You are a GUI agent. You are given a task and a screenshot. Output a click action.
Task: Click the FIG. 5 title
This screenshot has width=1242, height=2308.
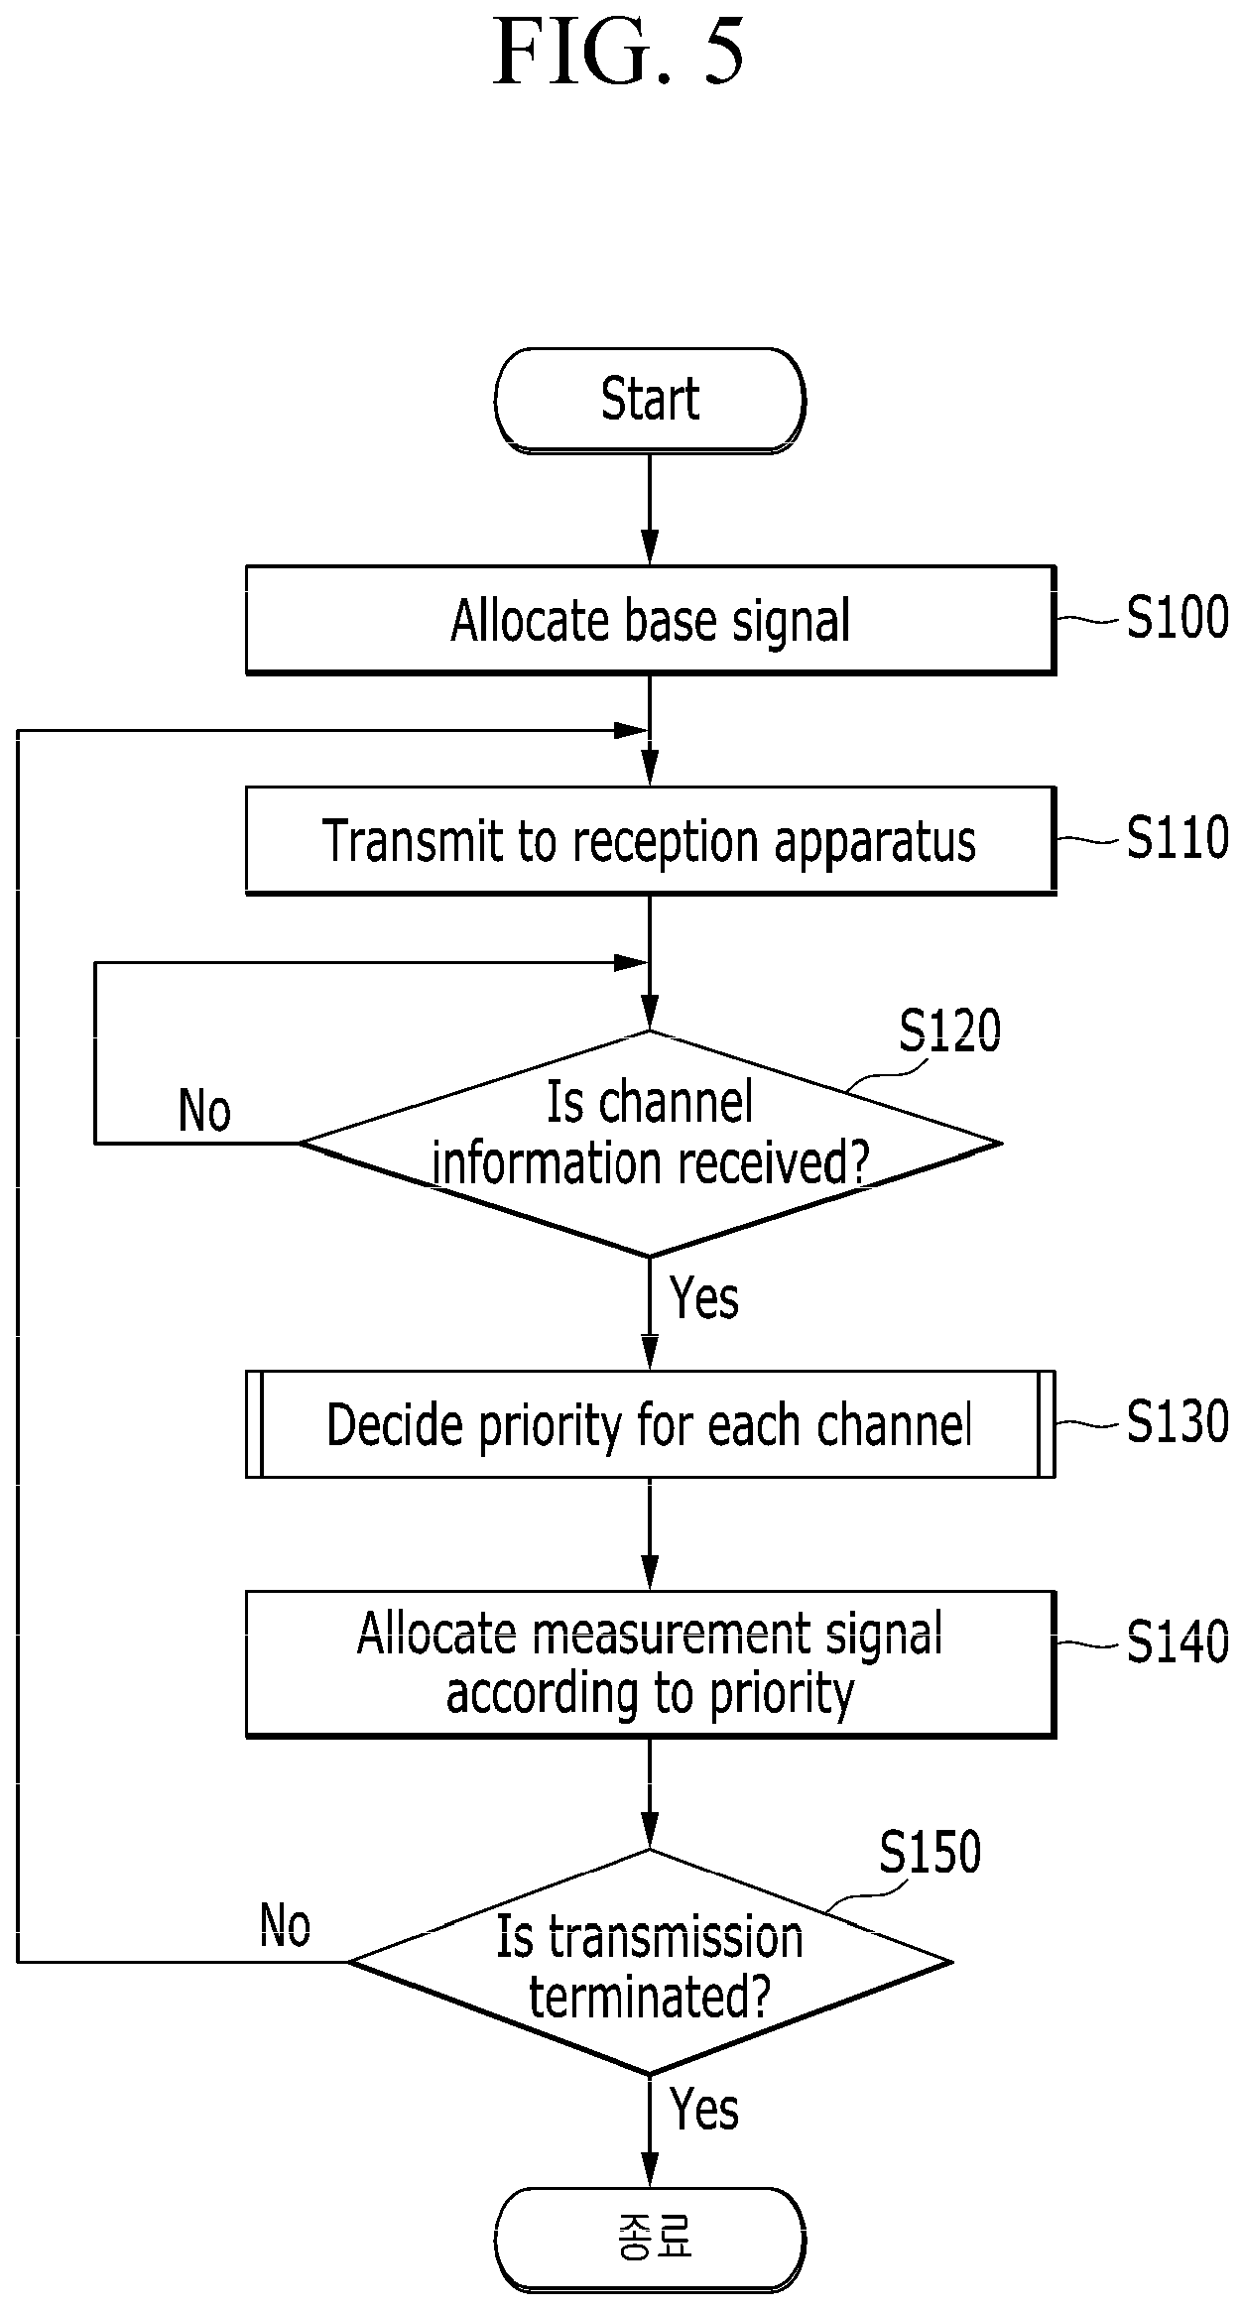(619, 52)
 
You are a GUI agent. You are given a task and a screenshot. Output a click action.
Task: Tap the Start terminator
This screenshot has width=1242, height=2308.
(650, 401)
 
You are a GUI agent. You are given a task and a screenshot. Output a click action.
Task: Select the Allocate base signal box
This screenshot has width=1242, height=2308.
(651, 621)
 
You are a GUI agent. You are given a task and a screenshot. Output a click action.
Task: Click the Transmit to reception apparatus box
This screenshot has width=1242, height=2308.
(651, 841)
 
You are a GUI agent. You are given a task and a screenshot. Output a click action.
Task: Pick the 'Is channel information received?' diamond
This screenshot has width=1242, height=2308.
(650, 1144)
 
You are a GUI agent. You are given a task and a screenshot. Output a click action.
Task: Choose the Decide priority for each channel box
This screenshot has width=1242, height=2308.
(651, 1424)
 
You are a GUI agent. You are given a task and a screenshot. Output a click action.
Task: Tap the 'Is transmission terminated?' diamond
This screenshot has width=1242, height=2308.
(650, 1962)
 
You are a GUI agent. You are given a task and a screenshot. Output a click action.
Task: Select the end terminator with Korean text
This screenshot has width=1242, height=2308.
(650, 2240)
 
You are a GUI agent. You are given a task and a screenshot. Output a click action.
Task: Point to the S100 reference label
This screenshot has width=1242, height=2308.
(1178, 618)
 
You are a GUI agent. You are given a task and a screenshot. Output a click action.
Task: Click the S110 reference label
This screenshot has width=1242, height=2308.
(1178, 838)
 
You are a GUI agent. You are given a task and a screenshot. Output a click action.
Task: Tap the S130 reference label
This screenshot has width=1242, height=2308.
(1178, 1421)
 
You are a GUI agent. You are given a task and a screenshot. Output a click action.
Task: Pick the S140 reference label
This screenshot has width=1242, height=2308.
(1178, 1641)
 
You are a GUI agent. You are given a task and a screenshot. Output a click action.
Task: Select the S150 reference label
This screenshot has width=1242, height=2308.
(930, 1852)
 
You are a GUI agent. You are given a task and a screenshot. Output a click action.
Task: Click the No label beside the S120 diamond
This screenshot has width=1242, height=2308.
(204, 1110)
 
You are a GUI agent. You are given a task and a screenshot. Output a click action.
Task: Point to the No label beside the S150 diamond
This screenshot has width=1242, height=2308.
(285, 1926)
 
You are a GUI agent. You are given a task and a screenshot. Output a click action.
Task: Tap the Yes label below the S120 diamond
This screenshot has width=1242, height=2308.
(704, 1297)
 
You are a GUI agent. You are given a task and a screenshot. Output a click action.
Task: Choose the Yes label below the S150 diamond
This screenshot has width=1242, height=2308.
(704, 2109)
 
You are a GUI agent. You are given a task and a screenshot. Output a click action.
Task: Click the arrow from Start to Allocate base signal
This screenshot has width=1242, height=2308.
(650, 510)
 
